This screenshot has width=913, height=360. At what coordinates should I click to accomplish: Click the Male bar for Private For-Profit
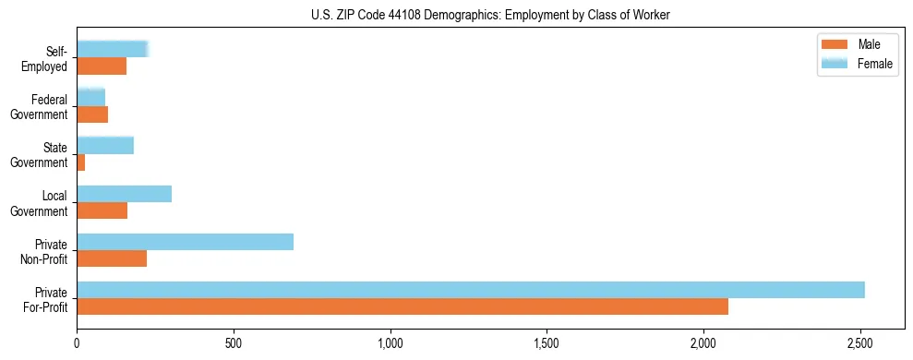pos(402,306)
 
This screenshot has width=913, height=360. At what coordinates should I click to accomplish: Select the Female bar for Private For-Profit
pos(471,290)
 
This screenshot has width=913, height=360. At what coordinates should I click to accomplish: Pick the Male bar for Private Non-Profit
pos(112,258)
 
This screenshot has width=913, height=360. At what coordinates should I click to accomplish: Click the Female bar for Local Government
pos(124,194)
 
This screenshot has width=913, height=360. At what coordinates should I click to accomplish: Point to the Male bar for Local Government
pos(102,210)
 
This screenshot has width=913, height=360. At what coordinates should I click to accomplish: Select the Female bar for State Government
pos(105,146)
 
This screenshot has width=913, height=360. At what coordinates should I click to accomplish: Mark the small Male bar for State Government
pos(81,162)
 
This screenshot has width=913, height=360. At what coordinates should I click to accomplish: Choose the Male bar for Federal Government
pos(92,114)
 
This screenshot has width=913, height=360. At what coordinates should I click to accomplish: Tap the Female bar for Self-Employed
pos(112,50)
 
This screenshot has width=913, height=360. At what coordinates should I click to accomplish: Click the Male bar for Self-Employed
pos(102,66)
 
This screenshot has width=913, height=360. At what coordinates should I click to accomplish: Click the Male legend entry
pos(855,44)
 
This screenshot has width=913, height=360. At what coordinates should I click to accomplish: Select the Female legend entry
pos(855,63)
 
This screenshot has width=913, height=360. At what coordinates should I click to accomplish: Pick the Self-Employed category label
pos(46,58)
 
